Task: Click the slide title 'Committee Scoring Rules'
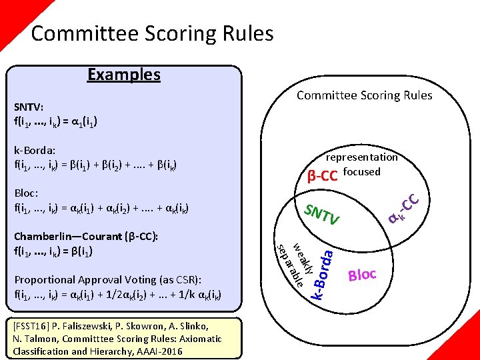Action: [152, 33]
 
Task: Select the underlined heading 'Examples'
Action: [124, 74]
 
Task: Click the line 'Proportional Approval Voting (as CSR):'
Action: [108, 279]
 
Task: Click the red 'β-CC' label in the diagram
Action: [322, 177]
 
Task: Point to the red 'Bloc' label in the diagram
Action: [363, 275]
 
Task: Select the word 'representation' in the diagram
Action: [361, 157]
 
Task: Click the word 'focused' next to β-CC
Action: [362, 171]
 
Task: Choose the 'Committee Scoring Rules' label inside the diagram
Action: [364, 95]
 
